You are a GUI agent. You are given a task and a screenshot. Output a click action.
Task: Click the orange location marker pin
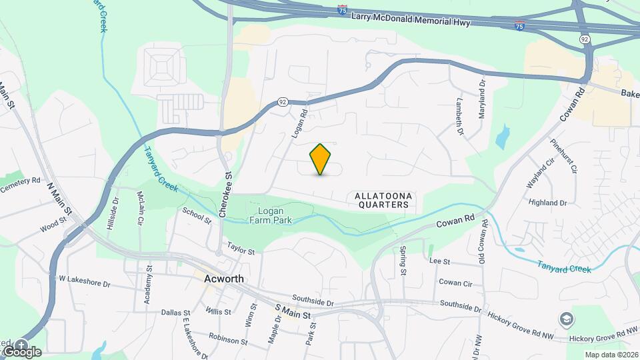[321, 159]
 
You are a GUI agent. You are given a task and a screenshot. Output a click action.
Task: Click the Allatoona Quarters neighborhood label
[383, 200]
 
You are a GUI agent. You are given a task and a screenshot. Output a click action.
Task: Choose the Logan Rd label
[298, 123]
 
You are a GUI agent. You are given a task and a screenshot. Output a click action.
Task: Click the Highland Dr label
[547, 202]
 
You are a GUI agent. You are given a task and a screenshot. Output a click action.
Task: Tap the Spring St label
[403, 261]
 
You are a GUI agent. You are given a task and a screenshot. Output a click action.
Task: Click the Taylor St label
[241, 249]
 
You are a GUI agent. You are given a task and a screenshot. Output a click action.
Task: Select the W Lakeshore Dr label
[84, 281]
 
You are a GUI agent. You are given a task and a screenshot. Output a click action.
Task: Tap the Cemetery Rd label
[21, 185]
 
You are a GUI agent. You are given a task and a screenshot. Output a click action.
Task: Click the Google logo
[21, 351]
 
